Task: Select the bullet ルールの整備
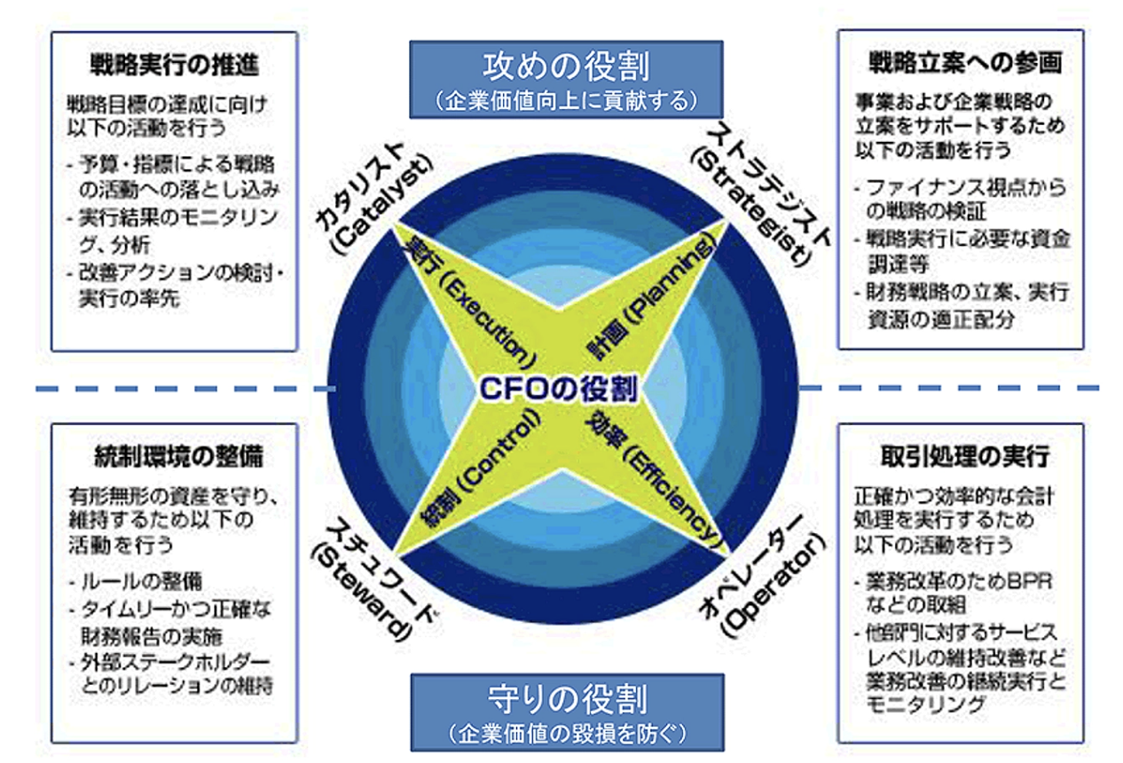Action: click(x=146, y=581)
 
